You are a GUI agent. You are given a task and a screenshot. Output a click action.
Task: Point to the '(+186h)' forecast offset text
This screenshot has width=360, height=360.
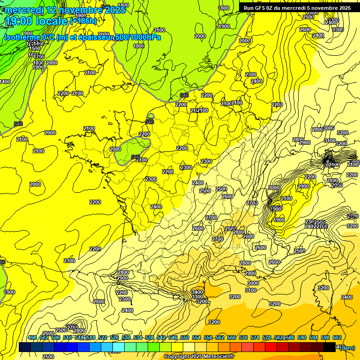(83, 21)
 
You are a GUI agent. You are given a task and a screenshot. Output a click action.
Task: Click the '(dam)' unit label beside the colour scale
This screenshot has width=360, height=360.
(347, 347)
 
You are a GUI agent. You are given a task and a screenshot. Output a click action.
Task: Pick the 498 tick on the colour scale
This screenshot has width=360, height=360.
(32, 337)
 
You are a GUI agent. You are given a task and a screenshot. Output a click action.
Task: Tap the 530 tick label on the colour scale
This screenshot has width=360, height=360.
(126, 337)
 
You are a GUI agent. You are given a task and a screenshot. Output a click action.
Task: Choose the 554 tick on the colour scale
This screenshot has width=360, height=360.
(196, 337)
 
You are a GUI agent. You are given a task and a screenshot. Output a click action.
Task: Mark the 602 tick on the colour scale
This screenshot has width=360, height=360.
(337, 337)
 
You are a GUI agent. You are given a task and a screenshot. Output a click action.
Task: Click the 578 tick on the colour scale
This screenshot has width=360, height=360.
(267, 337)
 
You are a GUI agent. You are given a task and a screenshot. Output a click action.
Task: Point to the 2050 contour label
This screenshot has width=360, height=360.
(115, 149)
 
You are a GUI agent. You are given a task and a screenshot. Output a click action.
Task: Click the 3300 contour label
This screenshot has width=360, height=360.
(197, 297)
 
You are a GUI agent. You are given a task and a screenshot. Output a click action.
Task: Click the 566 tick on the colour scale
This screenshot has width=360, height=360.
(232, 337)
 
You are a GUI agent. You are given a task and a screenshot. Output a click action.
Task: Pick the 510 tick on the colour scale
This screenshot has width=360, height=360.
(67, 337)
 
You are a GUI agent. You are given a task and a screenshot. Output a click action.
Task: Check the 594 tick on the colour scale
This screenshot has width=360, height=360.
(314, 337)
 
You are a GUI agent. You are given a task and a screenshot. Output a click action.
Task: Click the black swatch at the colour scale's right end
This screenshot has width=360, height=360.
(330, 347)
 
